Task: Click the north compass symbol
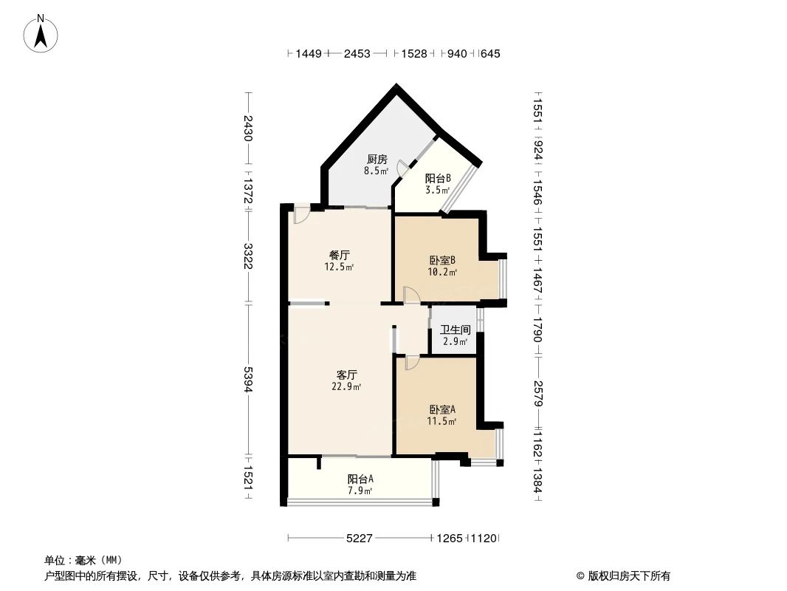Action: [41, 33]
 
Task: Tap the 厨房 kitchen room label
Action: [377, 159]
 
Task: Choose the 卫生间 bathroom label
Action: [455, 330]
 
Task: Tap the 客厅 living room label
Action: [347, 375]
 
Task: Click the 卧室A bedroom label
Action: [441, 409]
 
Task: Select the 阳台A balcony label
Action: [360, 478]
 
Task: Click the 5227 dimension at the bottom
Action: [360, 539]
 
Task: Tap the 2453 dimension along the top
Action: [357, 53]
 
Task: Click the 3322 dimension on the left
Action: [249, 256]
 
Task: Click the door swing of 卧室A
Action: [411, 362]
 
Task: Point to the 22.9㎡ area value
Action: [347, 386]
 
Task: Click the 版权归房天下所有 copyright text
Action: [623, 575]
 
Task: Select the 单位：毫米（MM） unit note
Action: [83, 560]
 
